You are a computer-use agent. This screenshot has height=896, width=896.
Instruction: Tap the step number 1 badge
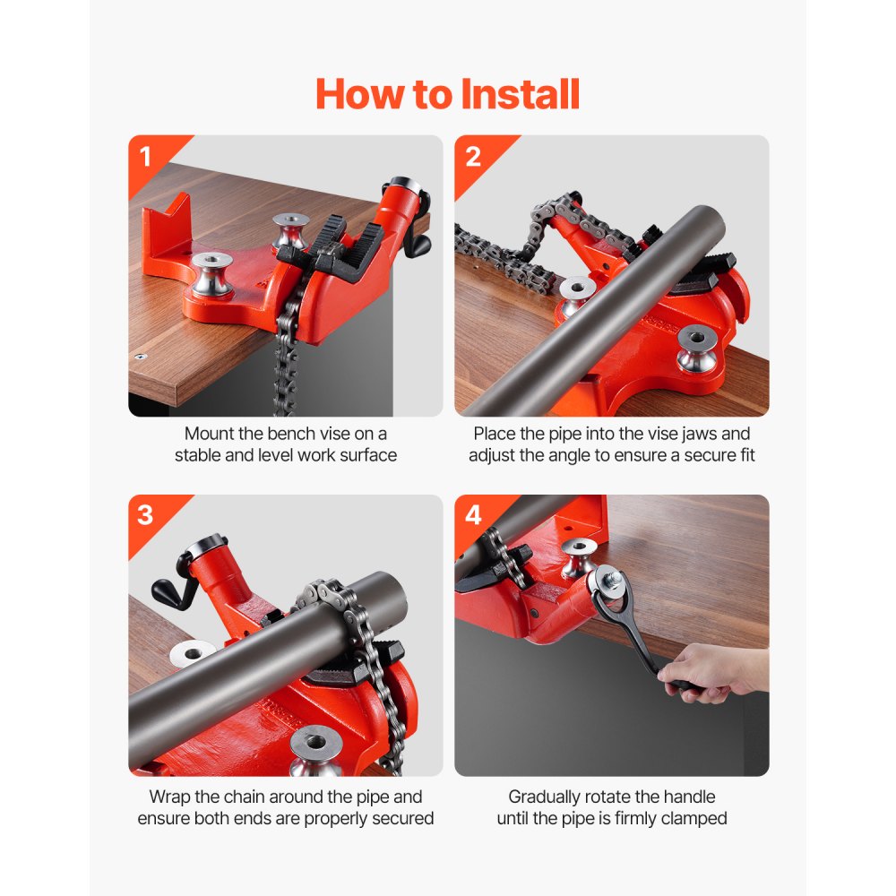(x=146, y=157)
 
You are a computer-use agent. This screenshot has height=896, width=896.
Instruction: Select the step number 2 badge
(x=473, y=157)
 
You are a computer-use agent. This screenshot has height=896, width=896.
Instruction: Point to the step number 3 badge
(x=146, y=516)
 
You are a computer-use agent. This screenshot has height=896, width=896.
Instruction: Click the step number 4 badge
(x=473, y=516)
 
